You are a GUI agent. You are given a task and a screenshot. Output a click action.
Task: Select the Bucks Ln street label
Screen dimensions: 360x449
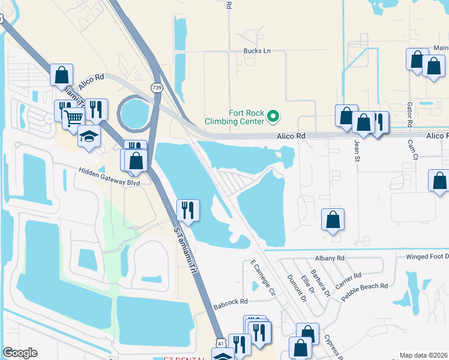pyautogui.click(x=257, y=51)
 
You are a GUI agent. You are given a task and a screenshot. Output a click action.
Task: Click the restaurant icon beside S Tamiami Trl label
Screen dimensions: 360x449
pyautogui.click(x=188, y=210)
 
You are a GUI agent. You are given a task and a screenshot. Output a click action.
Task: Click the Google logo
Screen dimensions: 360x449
pyautogui.click(x=20, y=353)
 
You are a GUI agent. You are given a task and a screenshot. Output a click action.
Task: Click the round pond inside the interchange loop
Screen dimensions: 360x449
pyautogui.click(x=136, y=112)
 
